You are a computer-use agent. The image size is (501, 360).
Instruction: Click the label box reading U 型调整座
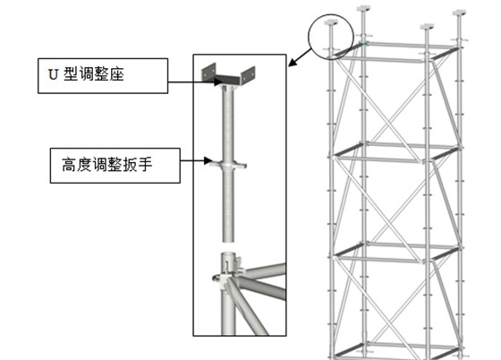click(103, 76)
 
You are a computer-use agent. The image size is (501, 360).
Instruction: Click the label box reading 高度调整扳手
click(115, 166)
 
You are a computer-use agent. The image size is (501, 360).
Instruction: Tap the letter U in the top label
click(53, 74)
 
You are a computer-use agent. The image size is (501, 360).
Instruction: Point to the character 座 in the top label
click(116, 73)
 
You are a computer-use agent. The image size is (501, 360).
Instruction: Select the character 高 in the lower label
click(69, 165)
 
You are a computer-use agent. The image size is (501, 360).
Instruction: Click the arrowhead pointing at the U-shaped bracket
click(217, 81)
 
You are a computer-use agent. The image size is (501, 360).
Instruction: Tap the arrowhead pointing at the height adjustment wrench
click(208, 160)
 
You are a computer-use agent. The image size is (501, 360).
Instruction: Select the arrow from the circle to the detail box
click(300, 57)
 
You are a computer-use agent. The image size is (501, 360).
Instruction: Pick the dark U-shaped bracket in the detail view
click(228, 77)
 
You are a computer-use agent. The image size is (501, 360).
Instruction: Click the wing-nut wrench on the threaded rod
click(228, 165)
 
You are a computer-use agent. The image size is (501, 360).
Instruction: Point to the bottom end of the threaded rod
click(228, 241)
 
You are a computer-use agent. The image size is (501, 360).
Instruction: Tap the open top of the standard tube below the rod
click(228, 254)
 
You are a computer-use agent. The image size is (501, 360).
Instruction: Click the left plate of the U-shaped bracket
click(208, 72)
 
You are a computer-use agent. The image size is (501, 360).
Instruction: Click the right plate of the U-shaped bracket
click(248, 75)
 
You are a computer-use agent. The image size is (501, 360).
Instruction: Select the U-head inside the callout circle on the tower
click(331, 22)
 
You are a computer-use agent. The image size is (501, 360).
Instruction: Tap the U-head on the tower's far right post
click(459, 13)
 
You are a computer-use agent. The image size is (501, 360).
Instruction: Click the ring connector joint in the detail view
click(227, 274)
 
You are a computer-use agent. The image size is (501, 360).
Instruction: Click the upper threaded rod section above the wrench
click(228, 124)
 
